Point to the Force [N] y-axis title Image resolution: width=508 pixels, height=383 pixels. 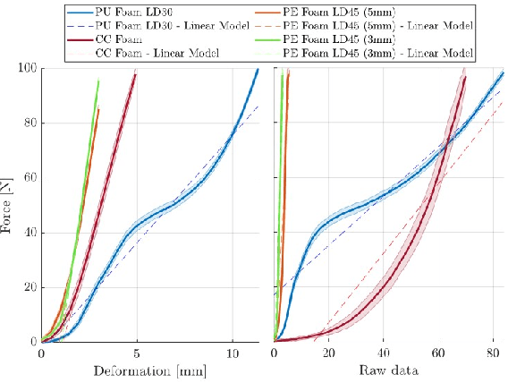tap(10, 205)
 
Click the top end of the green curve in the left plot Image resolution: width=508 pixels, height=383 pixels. tap(98, 81)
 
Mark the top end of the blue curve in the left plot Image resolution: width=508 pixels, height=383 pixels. tap(258, 69)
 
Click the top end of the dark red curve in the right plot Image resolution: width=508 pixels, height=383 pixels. tap(466, 77)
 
